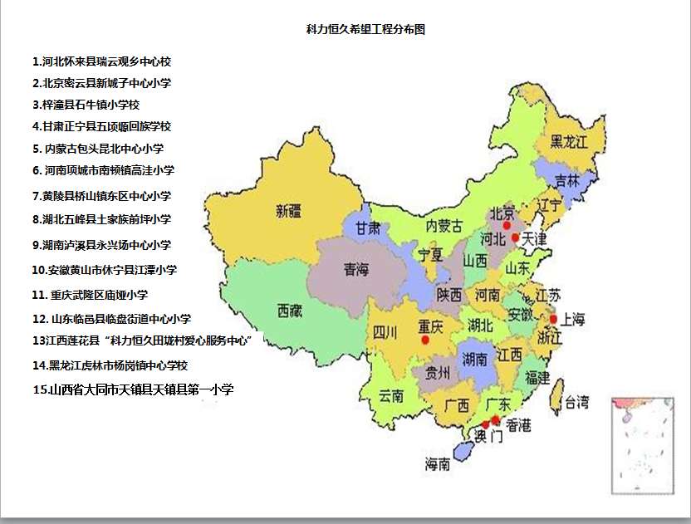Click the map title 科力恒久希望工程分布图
(366, 29)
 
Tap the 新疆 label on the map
(289, 212)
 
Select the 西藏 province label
(290, 311)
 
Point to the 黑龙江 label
(569, 142)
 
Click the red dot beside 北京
(507, 225)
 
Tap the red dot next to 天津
(516, 238)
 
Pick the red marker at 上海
(553, 319)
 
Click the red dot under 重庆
(425, 340)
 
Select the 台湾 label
(577, 404)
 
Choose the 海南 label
(438, 464)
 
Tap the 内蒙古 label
(444, 226)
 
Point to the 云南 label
(390, 396)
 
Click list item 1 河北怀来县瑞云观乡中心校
(102, 61)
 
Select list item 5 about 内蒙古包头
(99, 149)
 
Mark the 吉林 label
(566, 180)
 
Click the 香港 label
(518, 425)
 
